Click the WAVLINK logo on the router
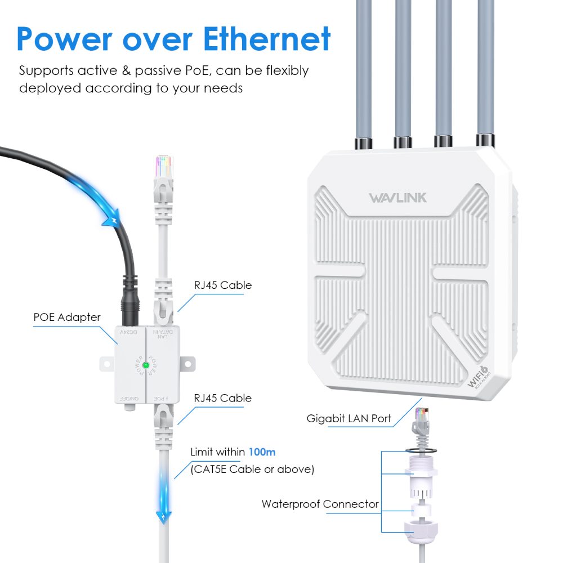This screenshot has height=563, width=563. [397, 198]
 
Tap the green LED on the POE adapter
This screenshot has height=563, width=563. [145, 365]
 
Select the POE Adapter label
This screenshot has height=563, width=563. [66, 317]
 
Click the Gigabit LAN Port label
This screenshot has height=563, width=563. [348, 418]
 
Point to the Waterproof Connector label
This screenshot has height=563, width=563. [320, 504]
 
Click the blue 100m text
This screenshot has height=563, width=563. [262, 452]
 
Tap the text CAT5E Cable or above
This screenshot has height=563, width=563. [252, 469]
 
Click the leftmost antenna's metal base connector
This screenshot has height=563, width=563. [361, 142]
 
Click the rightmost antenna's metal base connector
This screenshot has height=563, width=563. [485, 140]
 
